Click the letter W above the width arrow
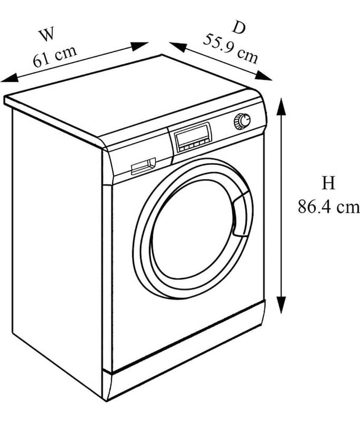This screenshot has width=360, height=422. tap(47, 34)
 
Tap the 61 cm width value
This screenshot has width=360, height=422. tap(55, 56)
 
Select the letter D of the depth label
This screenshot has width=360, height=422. tap(239, 27)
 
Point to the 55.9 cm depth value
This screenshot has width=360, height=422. tap(230, 49)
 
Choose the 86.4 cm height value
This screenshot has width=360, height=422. tap(328, 207)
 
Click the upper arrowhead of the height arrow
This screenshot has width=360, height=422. tap(281, 107)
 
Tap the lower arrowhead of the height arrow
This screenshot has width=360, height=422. tap(281, 305)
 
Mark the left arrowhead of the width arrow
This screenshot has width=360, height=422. tap(9, 78)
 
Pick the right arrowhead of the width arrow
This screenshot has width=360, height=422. tap(139, 46)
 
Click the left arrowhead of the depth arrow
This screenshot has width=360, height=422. tap(178, 47)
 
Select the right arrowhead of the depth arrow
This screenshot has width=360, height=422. tap(264, 75)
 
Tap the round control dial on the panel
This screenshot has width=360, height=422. tap(242, 121)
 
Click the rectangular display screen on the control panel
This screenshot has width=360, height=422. tap(193, 136)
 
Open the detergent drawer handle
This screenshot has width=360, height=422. tap(143, 166)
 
